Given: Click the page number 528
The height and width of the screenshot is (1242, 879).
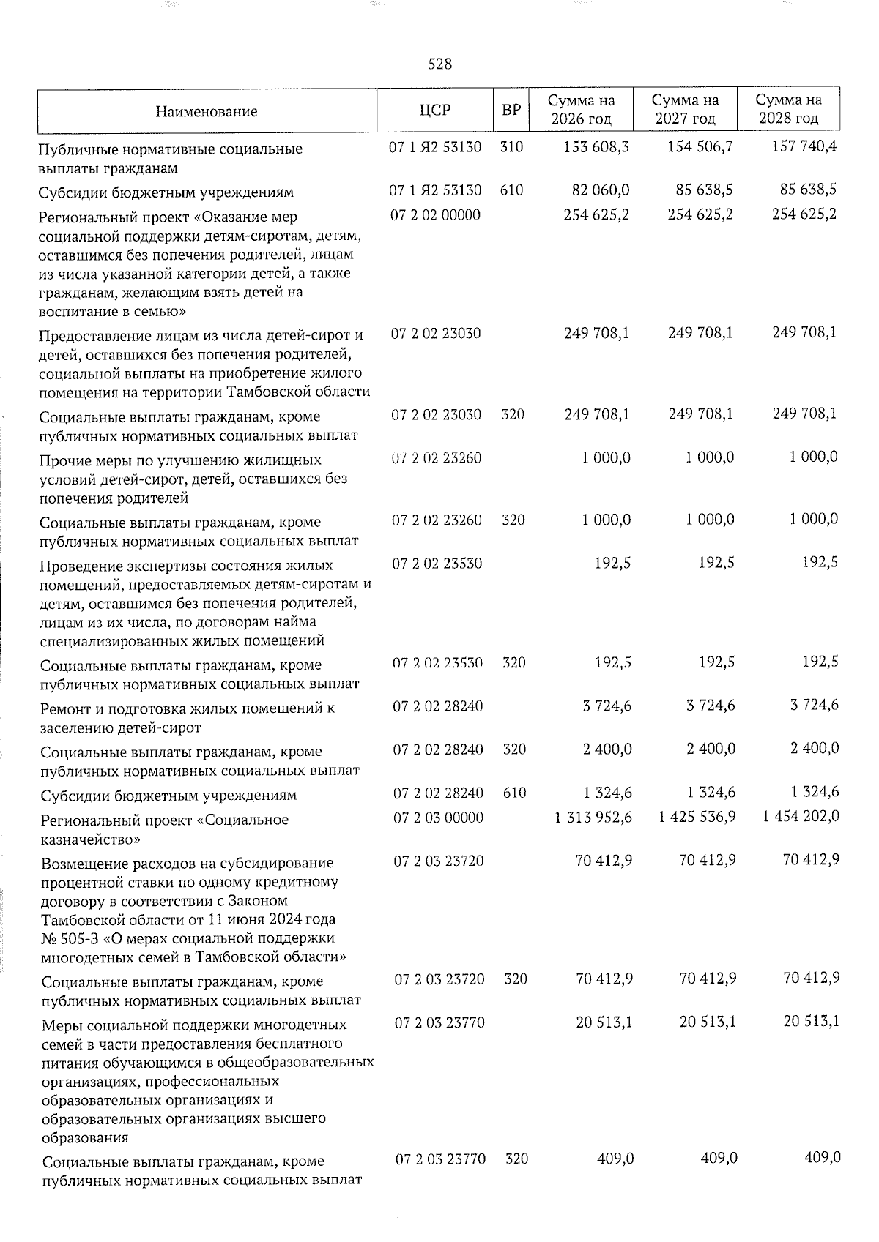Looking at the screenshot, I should [439, 64].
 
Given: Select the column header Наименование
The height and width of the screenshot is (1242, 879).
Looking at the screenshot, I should [207, 111].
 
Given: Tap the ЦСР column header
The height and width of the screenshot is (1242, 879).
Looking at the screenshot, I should [435, 111].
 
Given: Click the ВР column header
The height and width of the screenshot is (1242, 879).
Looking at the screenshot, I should [511, 111].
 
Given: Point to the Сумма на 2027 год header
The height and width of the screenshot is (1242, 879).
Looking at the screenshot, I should [685, 110].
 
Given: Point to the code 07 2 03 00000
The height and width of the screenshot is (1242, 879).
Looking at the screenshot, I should [438, 818].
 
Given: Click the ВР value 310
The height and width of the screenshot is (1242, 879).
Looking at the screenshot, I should [511, 147].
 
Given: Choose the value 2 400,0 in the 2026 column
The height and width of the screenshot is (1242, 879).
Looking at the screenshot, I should [608, 749].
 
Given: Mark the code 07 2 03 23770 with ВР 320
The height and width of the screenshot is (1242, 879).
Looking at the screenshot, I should [440, 1159].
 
